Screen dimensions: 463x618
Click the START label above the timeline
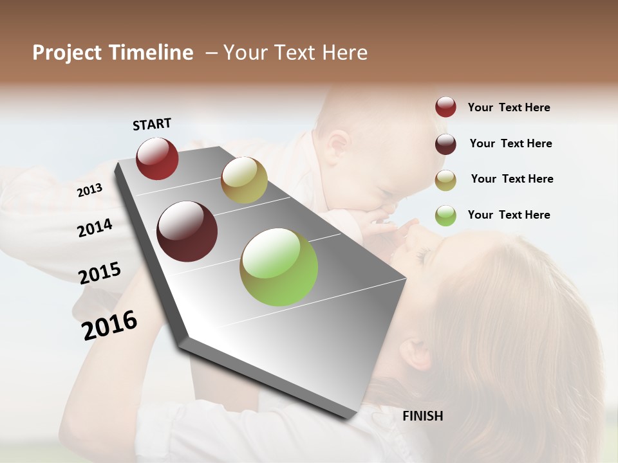click(x=152, y=124)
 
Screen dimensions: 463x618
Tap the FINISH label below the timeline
click(x=422, y=416)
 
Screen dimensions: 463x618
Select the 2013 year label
click(x=89, y=190)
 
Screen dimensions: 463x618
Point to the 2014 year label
click(x=95, y=228)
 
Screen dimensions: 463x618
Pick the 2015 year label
click(x=100, y=273)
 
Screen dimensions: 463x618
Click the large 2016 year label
click(x=109, y=325)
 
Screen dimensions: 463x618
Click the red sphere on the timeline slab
click(x=157, y=158)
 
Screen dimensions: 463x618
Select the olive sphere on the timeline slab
click(x=244, y=180)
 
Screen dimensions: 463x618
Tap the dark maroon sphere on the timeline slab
click(x=187, y=232)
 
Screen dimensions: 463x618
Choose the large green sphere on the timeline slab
click(x=279, y=267)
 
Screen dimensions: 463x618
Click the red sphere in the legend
click(x=445, y=107)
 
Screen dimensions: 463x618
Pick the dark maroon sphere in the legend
click(x=445, y=144)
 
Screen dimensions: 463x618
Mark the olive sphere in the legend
click(x=445, y=180)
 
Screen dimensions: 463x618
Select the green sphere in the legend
click(x=445, y=215)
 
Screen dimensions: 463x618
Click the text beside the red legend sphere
click(x=509, y=107)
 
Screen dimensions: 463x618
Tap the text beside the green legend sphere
click(x=509, y=215)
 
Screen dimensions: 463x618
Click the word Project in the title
click(x=68, y=53)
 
